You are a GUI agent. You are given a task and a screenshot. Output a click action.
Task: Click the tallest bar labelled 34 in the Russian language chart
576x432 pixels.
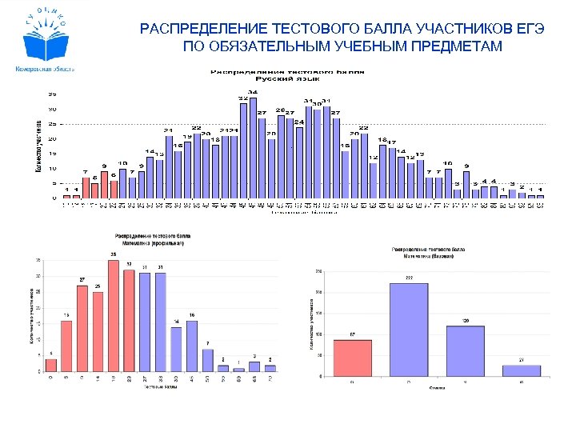pyautogui.click(x=253, y=148)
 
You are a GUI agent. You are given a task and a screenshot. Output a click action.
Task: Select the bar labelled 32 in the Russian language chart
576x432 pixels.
pyautogui.click(x=243, y=150)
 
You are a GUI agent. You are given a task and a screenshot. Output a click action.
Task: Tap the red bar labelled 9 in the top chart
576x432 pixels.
pyautogui.click(x=105, y=185)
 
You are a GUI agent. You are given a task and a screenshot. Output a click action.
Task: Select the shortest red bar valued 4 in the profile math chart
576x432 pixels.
pyautogui.click(x=51, y=366)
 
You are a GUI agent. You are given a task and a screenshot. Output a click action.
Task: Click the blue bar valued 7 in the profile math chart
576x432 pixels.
pyautogui.click(x=208, y=361)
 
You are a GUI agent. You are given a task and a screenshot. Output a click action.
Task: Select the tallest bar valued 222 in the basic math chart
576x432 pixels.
pyautogui.click(x=409, y=330)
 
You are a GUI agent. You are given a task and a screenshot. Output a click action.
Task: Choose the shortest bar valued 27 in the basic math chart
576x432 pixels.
pyautogui.click(x=522, y=370)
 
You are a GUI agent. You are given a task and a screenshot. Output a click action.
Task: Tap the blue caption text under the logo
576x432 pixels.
pyautogui.click(x=45, y=70)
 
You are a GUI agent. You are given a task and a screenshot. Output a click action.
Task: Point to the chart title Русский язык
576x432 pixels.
pyautogui.click(x=288, y=78)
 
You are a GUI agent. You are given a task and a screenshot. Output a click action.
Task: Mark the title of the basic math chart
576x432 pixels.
pyautogui.click(x=429, y=254)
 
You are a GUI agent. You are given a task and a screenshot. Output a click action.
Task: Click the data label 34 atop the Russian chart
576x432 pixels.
pyautogui.click(x=253, y=92)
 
